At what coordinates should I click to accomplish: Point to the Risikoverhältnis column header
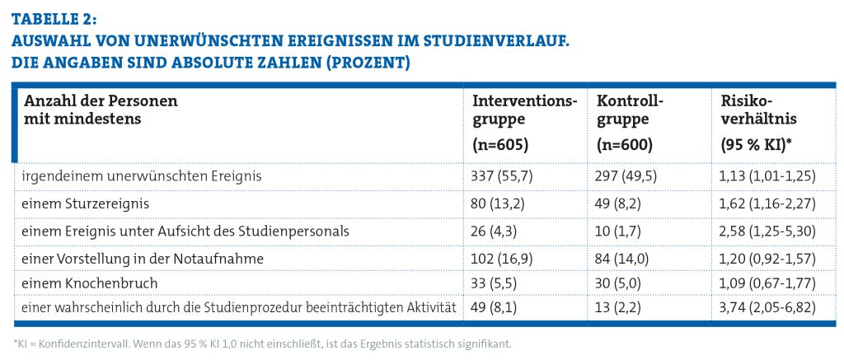coord(754,110)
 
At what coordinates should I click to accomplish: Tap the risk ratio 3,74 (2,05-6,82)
coord(767,306)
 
